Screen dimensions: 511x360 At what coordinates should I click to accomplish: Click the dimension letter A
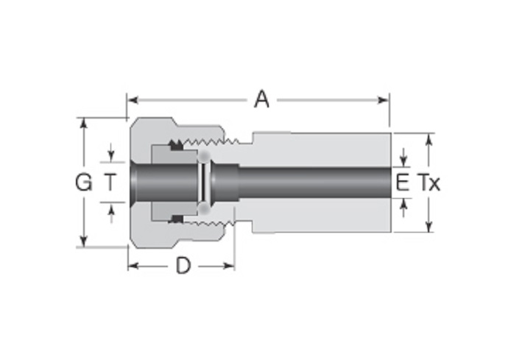coord(262,99)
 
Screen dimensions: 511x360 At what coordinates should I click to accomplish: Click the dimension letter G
coord(84,182)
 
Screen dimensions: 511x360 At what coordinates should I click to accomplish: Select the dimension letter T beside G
coord(110,182)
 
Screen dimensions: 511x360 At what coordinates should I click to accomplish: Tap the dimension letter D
coord(183,266)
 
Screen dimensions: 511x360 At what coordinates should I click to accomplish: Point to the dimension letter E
coord(403,183)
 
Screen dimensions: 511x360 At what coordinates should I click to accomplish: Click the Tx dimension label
coord(429,183)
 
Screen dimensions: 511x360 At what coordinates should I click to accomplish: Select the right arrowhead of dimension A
coord(383,99)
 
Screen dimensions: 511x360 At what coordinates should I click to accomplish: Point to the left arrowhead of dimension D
coord(133,267)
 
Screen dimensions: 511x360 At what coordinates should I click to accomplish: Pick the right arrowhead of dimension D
coord(229,267)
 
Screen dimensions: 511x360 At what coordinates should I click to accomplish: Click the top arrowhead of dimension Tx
coord(429,139)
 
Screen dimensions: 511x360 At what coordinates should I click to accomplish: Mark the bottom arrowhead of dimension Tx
coord(429,227)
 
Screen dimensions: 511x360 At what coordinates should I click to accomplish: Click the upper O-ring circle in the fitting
coord(205,156)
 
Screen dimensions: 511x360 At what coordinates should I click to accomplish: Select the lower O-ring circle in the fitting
coord(205,208)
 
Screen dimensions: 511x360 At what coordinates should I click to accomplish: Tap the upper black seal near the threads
coord(176,145)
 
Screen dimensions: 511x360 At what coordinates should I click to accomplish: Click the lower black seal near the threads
coord(176,219)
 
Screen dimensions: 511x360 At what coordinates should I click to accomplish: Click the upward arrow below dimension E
coord(403,208)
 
